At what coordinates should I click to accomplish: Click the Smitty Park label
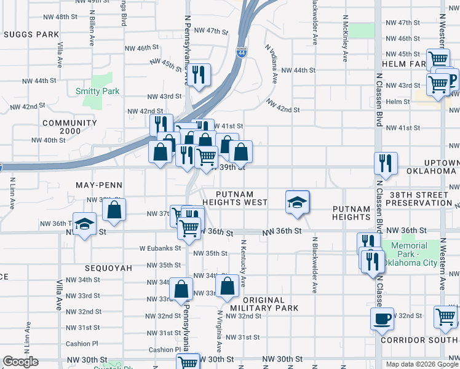coord(97,91)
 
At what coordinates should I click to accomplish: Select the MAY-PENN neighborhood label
coord(99,185)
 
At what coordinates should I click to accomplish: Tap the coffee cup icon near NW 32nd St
coord(382,319)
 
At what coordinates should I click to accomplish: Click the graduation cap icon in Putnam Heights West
coord(297,202)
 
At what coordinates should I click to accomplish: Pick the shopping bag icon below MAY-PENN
coord(114,210)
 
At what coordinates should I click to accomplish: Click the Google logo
coord(20,362)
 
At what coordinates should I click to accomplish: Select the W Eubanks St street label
coord(161,248)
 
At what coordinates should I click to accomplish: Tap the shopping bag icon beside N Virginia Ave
coord(228,285)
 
